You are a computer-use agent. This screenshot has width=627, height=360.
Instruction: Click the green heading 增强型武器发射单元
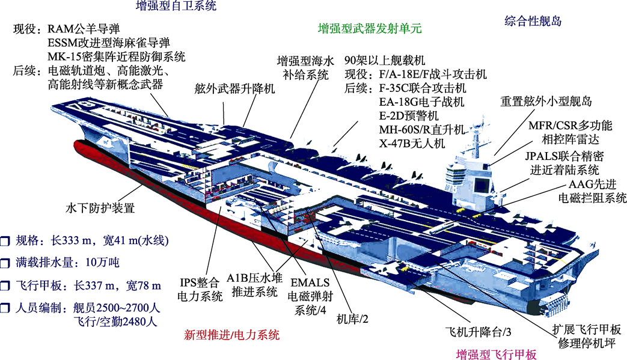370,28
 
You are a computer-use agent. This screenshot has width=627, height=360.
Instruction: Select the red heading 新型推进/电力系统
231,334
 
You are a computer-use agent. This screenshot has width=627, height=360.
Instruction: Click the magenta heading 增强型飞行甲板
496,354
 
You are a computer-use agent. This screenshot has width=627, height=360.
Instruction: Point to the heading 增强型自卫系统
176,5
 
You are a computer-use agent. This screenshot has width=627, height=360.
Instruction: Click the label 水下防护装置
100,208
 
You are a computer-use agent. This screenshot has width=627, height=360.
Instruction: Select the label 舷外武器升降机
234,88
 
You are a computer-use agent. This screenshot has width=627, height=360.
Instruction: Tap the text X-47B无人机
412,142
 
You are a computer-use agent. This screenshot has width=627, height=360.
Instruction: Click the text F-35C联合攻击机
423,88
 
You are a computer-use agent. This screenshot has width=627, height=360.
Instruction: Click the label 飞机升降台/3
479,332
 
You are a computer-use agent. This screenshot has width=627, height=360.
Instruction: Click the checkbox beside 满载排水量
5,263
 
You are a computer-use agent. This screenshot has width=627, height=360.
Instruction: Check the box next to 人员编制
5,308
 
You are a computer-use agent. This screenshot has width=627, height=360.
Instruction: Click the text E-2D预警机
409,115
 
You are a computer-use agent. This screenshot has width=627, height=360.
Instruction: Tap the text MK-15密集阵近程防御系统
117,56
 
